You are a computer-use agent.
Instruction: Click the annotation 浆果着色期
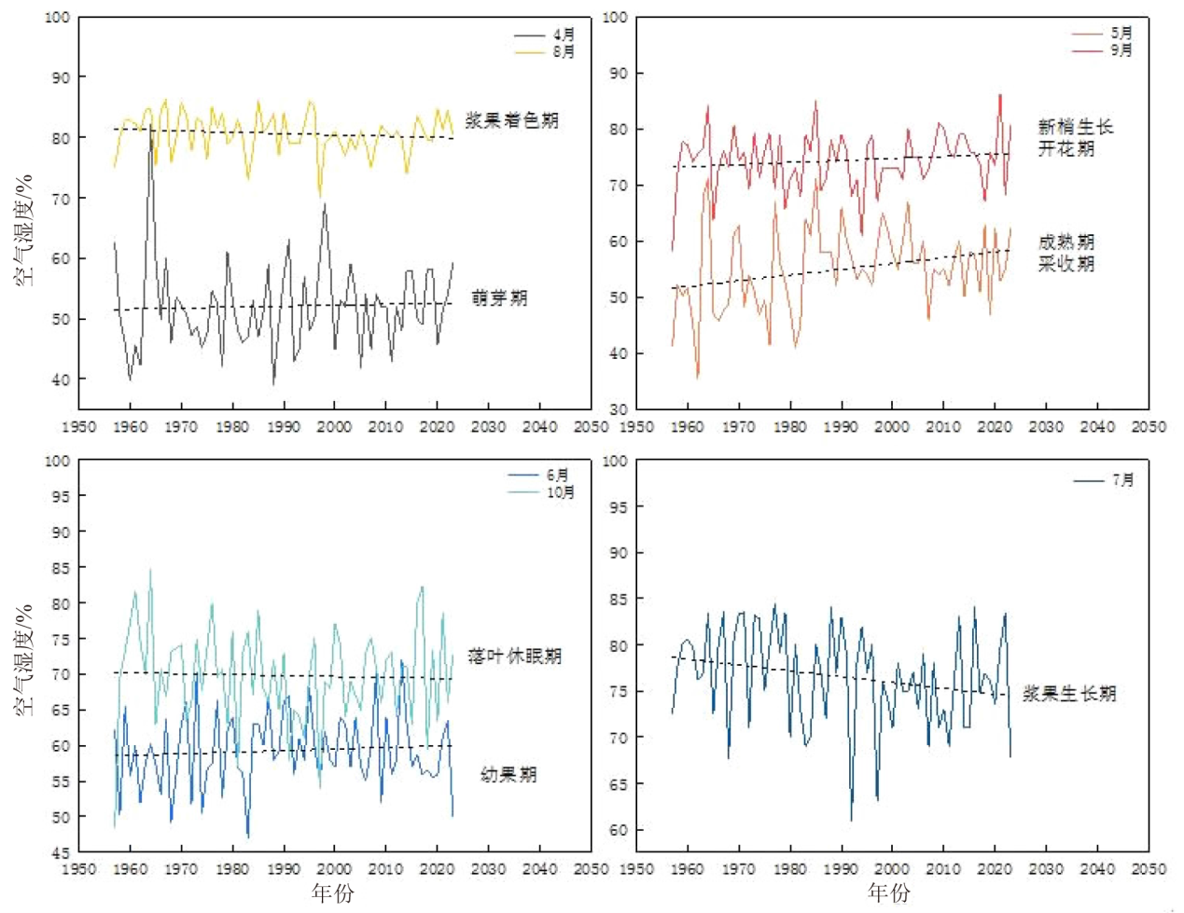512,120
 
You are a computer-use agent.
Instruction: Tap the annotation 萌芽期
500,298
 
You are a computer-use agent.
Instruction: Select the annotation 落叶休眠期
515,657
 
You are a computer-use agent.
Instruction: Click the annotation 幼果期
508,775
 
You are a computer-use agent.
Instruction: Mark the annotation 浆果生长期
1069,694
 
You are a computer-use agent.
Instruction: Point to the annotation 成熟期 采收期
1066,253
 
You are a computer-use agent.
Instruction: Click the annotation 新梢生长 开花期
1076,138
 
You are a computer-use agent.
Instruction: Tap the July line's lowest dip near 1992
851,820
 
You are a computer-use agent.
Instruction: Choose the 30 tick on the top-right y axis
619,409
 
